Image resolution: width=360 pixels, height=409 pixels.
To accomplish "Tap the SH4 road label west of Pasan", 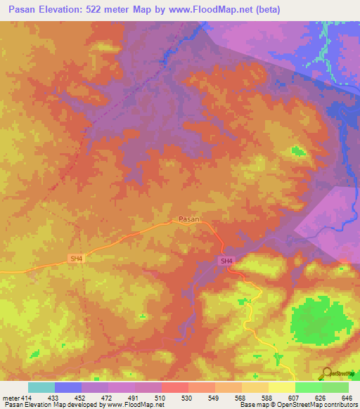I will tap(76, 259).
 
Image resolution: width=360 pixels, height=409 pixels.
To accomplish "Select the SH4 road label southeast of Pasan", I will tap(226, 261).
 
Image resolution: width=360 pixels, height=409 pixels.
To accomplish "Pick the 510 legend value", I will tap(161, 398).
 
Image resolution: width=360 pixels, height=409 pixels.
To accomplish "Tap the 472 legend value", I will tap(107, 398).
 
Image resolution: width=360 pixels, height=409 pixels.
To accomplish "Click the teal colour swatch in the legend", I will tap(41, 387).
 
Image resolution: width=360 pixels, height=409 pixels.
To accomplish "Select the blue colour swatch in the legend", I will tap(68, 387).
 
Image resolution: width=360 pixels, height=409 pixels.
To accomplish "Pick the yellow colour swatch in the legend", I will tap(281, 387).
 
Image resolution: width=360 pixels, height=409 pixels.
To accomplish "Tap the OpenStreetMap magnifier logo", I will tap(326, 374).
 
